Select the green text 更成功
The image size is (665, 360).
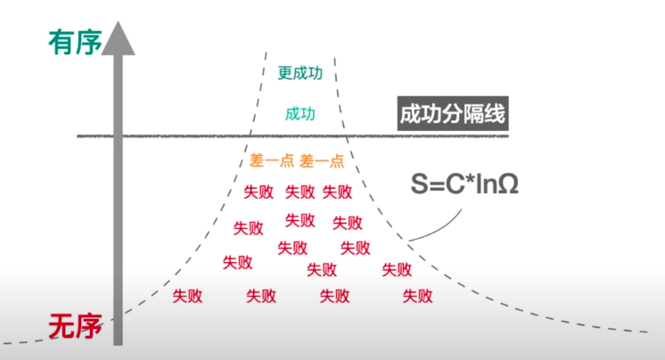click(x=300, y=74)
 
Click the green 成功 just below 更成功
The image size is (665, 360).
click(x=300, y=114)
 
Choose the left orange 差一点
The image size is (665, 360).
click(x=273, y=161)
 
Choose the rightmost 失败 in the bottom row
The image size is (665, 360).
click(x=417, y=295)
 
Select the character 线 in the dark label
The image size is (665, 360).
click(x=498, y=115)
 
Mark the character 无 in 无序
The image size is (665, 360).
click(x=62, y=329)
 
